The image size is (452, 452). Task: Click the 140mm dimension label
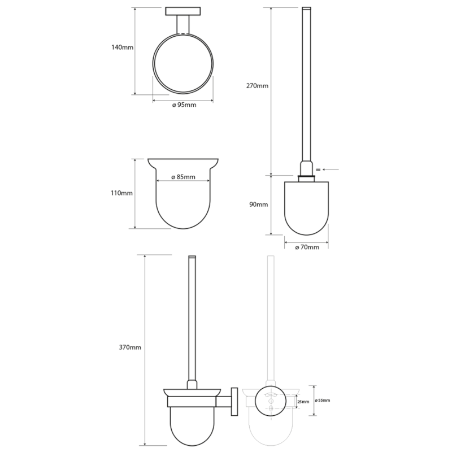[123, 47]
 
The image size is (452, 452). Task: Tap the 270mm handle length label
[258, 86]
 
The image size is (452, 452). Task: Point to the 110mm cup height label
[122, 193]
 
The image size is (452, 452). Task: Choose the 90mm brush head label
[258, 205]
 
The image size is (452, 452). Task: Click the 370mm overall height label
[131, 347]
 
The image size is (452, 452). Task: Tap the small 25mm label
[302, 402]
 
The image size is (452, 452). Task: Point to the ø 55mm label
[323, 401]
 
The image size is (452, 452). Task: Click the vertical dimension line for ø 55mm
[311, 401]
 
